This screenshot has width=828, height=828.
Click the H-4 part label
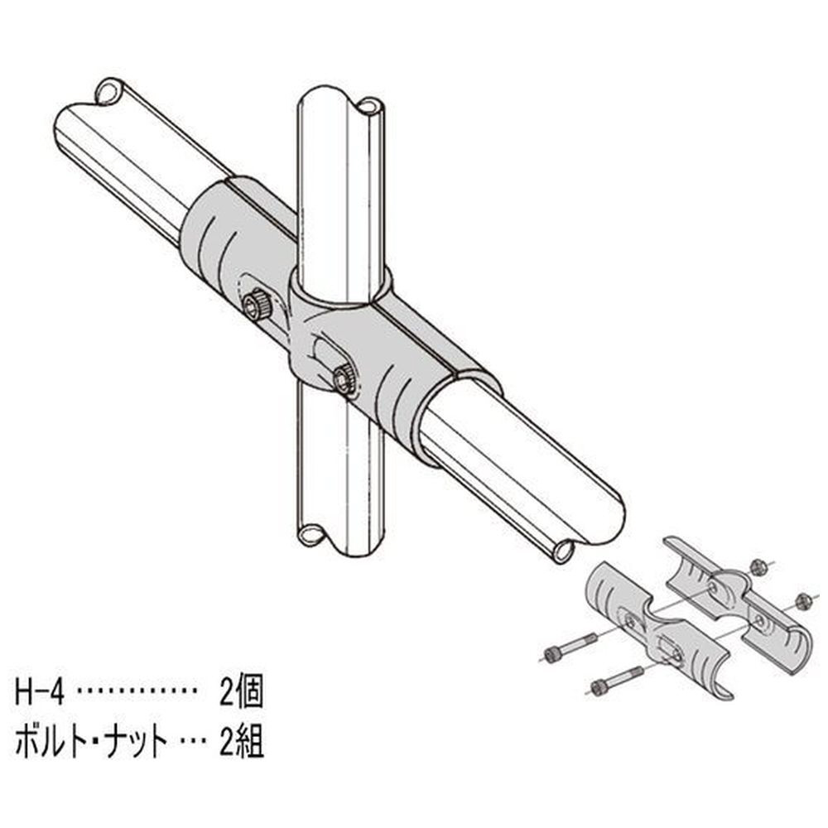tap(40, 693)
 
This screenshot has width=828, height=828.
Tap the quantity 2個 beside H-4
tap(241, 693)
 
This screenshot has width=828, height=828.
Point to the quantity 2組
tap(241, 743)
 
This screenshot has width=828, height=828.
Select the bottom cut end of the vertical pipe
tap(338, 539)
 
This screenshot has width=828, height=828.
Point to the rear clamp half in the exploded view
tap(739, 602)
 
